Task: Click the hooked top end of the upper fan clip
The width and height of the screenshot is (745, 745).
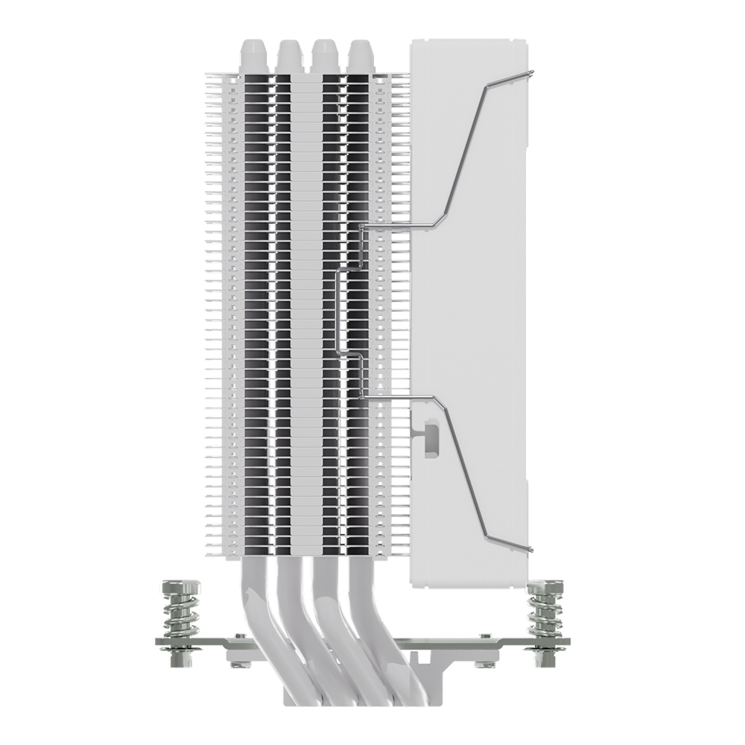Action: click(x=530, y=72)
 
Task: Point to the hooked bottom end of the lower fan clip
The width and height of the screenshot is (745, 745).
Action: click(x=530, y=550)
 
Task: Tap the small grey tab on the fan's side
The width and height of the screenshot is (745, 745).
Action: click(x=430, y=436)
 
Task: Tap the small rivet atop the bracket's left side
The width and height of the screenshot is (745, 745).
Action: click(x=238, y=635)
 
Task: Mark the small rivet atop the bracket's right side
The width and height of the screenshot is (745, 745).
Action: click(x=485, y=635)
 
